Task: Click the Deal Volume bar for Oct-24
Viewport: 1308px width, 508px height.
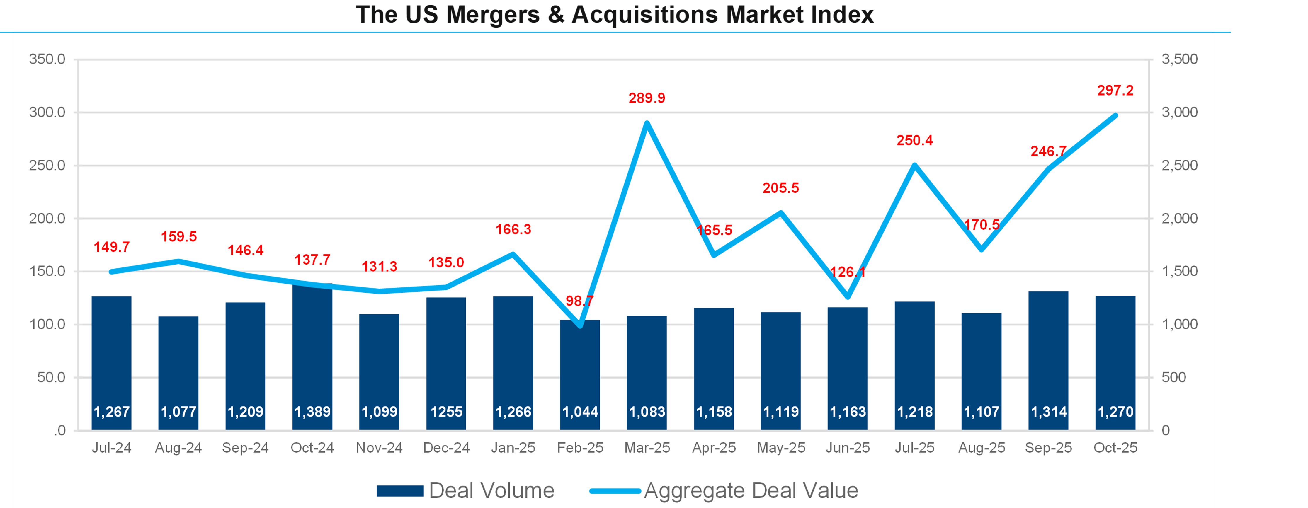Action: point(312,355)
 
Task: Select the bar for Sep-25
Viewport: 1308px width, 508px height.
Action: point(1049,355)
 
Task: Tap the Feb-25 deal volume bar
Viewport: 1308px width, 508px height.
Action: point(580,371)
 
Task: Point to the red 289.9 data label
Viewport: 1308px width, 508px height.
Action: point(647,98)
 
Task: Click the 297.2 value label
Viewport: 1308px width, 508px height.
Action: point(1115,90)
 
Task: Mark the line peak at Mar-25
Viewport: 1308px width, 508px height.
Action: point(647,123)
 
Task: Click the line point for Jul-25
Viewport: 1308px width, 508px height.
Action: point(914,165)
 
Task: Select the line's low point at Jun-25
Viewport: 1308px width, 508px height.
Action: point(848,297)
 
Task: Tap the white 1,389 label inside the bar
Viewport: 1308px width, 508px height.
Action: point(312,412)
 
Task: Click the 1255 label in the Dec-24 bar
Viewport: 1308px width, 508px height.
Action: point(446,412)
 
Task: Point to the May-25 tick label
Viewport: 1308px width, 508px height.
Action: point(781,448)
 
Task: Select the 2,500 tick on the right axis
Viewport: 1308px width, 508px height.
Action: point(1180,166)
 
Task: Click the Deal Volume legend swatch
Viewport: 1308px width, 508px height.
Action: point(400,491)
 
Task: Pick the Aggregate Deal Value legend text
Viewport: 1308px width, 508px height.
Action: point(751,491)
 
